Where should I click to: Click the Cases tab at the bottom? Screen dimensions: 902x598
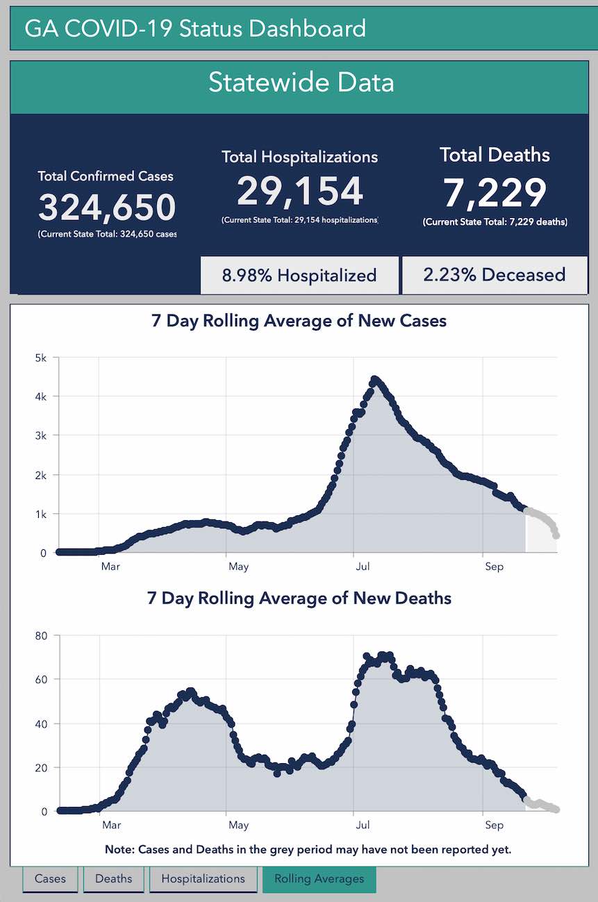click(x=50, y=878)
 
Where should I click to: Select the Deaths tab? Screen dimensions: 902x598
click(x=113, y=878)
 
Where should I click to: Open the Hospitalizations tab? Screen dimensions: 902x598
click(x=203, y=878)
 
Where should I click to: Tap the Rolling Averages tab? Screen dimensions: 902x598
click(x=319, y=878)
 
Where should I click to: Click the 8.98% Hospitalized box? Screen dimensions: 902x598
click(x=299, y=275)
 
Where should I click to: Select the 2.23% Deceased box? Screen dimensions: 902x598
click(x=495, y=275)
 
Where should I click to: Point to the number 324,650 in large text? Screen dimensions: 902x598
click(x=107, y=207)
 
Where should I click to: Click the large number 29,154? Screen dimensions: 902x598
click(x=300, y=191)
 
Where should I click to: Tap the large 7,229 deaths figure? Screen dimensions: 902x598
click(x=495, y=193)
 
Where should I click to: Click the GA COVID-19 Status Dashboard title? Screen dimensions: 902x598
click(x=195, y=29)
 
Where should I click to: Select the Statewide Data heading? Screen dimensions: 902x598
click(x=301, y=83)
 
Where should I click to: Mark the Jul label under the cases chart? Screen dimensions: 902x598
click(x=362, y=567)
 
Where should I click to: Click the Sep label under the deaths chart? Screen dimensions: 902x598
click(x=494, y=825)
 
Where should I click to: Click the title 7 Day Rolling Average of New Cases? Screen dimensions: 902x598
click(x=299, y=321)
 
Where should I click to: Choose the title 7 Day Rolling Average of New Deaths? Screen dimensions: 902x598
click(x=299, y=598)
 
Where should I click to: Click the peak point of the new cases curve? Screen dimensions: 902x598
click(x=374, y=380)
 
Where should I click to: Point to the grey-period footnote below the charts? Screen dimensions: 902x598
click(x=308, y=850)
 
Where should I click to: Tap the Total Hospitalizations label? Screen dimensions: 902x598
click(x=300, y=157)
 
